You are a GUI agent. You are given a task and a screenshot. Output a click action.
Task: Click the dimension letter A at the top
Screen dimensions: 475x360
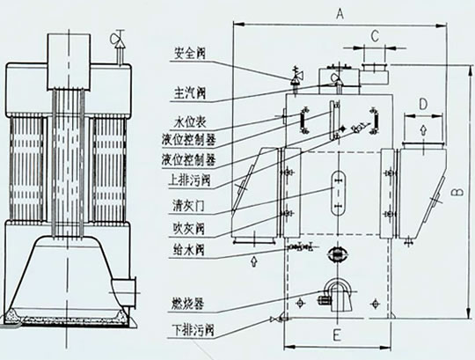tap(340, 13)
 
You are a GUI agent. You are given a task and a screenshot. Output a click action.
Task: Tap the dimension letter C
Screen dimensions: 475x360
tap(375, 36)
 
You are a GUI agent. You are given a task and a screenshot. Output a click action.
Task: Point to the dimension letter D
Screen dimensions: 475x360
tap(423, 104)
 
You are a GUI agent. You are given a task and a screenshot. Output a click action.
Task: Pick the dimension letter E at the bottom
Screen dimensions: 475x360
tap(337, 335)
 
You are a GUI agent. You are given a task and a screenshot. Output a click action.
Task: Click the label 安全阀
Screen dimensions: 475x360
tap(190, 54)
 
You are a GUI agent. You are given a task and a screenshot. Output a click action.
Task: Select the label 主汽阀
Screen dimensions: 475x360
tap(190, 92)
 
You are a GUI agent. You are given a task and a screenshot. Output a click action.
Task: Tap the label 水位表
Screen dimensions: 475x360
tap(190, 121)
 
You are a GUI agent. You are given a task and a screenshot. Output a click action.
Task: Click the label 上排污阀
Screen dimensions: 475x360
tap(189, 180)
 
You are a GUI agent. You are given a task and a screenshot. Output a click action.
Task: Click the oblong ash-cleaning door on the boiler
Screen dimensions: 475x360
tap(339, 193)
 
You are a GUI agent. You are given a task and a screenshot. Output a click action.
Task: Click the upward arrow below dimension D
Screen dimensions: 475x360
tap(423, 130)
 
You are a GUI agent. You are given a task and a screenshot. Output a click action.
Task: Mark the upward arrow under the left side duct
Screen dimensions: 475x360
tap(254, 261)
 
